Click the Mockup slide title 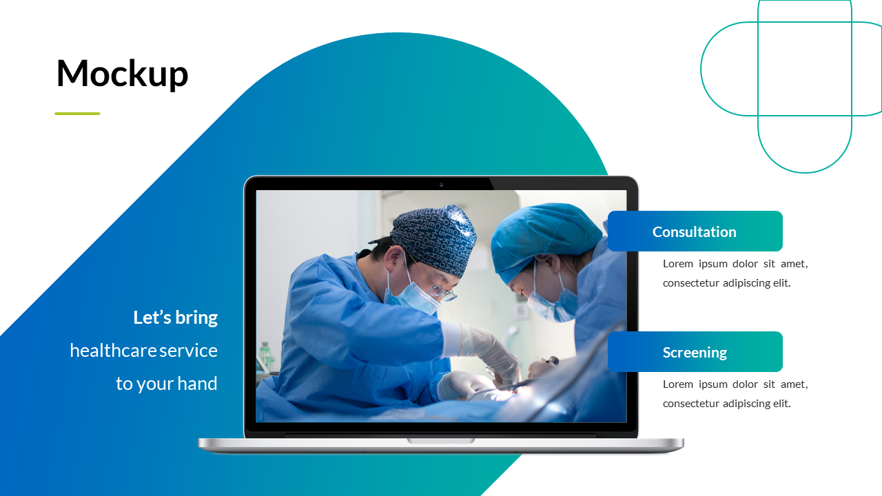(122, 74)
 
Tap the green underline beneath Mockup (77, 114)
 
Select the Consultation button (695, 231)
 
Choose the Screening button (695, 352)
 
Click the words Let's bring (175, 318)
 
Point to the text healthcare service (143, 351)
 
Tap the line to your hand (166, 384)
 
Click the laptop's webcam (441, 185)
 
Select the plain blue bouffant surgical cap (544, 234)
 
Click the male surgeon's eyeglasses (438, 286)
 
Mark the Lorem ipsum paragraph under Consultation (735, 273)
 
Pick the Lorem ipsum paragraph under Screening (735, 393)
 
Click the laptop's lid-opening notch (441, 440)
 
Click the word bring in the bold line (196, 318)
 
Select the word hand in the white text (198, 384)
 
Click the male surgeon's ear (393, 262)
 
